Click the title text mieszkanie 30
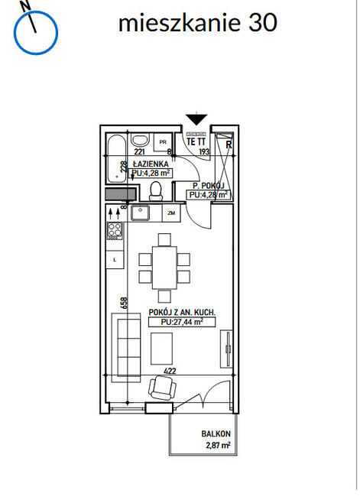tap(198, 23)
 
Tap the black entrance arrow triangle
tap(196, 119)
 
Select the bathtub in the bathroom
tap(116, 158)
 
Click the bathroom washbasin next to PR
tap(140, 140)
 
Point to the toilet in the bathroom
tap(156, 191)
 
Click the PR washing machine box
tap(163, 142)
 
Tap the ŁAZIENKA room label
tap(151, 164)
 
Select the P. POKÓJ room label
tap(209, 186)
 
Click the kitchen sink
tap(140, 213)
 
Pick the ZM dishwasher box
tap(171, 213)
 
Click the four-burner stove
tap(115, 231)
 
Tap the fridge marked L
tap(115, 260)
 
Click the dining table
tap(164, 268)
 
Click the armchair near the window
tap(162, 388)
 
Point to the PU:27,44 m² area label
tap(182, 322)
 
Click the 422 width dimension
tap(170, 371)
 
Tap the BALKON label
tap(216, 433)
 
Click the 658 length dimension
tap(124, 303)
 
